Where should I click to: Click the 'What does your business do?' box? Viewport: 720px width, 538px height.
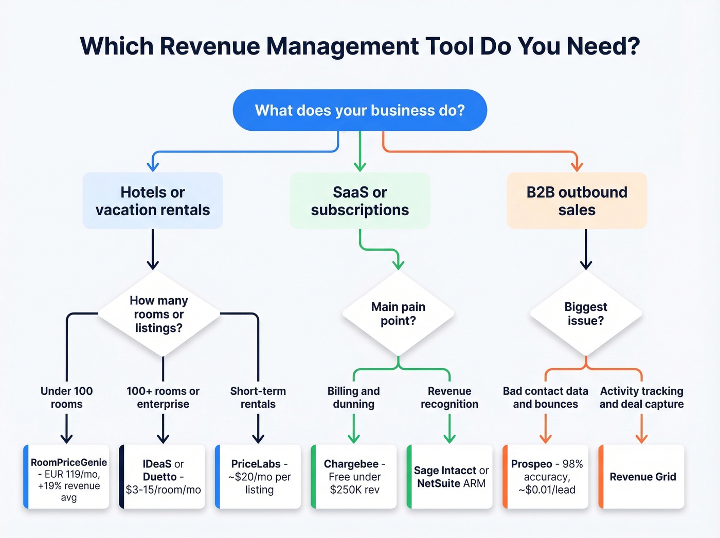pyautogui.click(x=359, y=110)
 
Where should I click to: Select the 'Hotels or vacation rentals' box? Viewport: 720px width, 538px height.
pyautogui.click(x=153, y=201)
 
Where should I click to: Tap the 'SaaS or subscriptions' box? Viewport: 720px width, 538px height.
pyautogui.click(x=359, y=201)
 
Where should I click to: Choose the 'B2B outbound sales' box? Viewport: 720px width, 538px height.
pyautogui.click(x=577, y=201)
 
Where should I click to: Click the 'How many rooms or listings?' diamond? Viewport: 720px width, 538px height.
pyautogui.click(x=159, y=314)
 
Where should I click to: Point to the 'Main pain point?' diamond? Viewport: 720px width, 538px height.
pyautogui.click(x=398, y=314)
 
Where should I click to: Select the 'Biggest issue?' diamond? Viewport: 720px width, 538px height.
pyautogui.click(x=586, y=314)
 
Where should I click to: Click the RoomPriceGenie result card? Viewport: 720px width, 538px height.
pyautogui.click(x=67, y=477)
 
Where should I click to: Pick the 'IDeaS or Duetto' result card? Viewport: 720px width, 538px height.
pyautogui.click(x=163, y=477)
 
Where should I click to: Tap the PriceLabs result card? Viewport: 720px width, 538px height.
pyautogui.click(x=259, y=477)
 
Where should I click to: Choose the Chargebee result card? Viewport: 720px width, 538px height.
pyautogui.click(x=354, y=477)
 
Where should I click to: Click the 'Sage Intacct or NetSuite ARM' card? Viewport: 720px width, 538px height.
pyautogui.click(x=451, y=477)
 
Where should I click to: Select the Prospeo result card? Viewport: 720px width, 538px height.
pyautogui.click(x=546, y=477)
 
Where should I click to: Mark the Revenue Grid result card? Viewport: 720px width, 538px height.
pyautogui.click(x=642, y=477)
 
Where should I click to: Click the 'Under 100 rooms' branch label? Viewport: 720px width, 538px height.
pyautogui.click(x=66, y=397)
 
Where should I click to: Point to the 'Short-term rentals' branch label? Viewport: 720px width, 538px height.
pyautogui.click(x=258, y=397)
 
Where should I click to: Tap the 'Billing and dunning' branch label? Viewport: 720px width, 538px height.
pyautogui.click(x=354, y=397)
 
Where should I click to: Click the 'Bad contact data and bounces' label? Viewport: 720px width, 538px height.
pyautogui.click(x=546, y=397)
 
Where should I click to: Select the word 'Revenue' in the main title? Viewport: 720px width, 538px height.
pyautogui.click(x=209, y=46)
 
